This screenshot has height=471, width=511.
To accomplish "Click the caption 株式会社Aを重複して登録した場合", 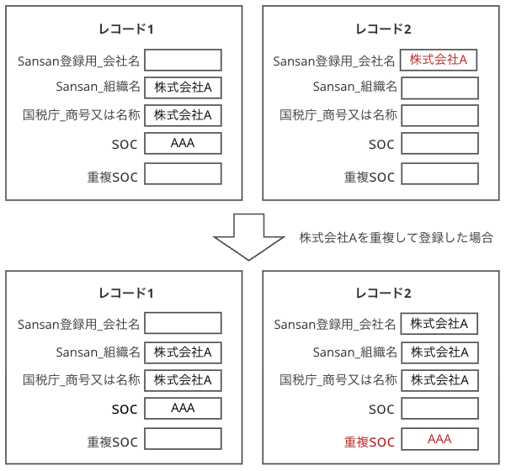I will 396,238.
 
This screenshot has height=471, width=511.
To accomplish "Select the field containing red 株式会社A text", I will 439,60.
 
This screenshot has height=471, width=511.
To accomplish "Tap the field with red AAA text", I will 439,439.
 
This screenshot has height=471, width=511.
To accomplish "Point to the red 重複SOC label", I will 369,442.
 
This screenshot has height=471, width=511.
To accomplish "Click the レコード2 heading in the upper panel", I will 383,29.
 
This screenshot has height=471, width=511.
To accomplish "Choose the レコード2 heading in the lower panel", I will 383,294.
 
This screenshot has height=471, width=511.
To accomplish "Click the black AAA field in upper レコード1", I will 183,144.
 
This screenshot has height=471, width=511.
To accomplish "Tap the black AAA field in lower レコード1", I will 183,408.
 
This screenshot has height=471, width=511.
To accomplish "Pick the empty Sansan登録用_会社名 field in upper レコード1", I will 183,60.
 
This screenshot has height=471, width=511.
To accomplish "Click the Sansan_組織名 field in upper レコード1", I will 183,87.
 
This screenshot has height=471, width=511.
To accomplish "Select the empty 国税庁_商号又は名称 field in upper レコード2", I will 439,115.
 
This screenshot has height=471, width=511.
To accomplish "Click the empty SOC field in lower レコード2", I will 439,409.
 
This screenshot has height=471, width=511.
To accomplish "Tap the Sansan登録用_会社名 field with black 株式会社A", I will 439,324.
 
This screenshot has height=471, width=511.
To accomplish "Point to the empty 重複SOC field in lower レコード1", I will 183,439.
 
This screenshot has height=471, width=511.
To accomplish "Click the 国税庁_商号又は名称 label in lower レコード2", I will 338,379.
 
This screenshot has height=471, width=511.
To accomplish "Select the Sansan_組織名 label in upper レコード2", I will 354,87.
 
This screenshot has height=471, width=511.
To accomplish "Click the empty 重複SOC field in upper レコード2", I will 439,174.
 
